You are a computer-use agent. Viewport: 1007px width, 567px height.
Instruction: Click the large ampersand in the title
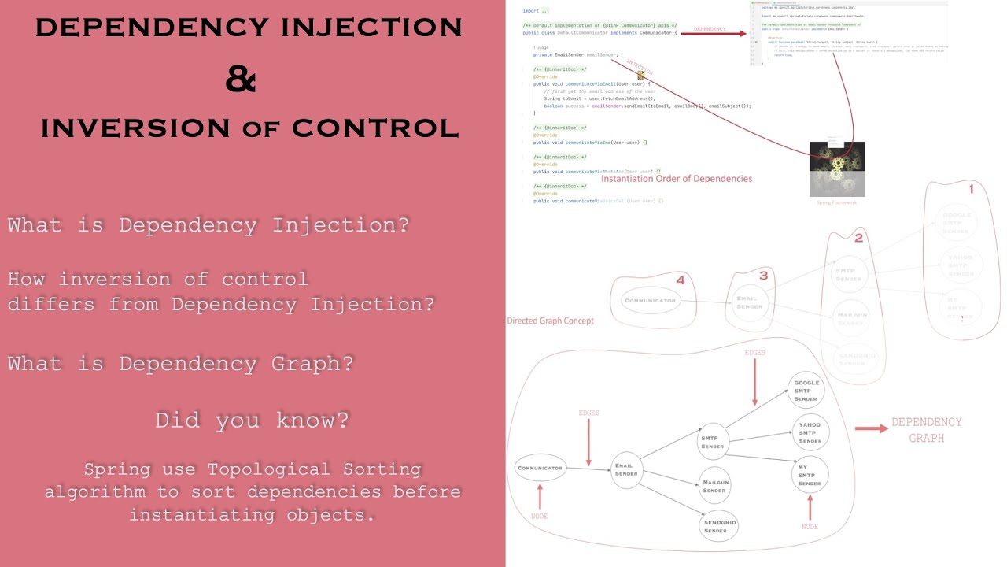(241, 79)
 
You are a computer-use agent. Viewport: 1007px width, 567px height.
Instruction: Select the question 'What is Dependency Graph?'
(180, 363)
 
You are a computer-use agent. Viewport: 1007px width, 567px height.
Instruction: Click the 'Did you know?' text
(252, 420)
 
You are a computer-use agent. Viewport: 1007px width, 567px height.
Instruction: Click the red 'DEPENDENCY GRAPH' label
(926, 430)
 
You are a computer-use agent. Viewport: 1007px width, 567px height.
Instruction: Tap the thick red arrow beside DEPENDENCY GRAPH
(871, 428)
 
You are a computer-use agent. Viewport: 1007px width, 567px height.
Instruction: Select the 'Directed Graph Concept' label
(550, 321)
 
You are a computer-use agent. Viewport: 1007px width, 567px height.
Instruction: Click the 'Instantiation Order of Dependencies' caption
(676, 179)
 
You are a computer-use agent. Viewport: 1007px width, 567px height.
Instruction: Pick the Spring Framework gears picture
(837, 169)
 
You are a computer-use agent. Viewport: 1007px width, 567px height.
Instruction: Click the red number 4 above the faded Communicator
(680, 280)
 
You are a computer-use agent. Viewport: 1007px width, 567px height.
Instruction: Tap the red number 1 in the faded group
(971, 189)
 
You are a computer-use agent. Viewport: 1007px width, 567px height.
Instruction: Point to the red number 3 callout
(763, 276)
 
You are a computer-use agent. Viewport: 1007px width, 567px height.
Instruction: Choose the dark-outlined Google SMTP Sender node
(806, 391)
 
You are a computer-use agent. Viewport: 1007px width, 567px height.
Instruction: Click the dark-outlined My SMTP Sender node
(809, 476)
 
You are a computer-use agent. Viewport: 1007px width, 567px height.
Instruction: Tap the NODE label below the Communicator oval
(540, 516)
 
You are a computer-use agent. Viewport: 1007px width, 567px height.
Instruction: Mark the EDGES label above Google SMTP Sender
(754, 353)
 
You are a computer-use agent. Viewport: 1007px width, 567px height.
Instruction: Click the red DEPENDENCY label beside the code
(709, 30)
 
